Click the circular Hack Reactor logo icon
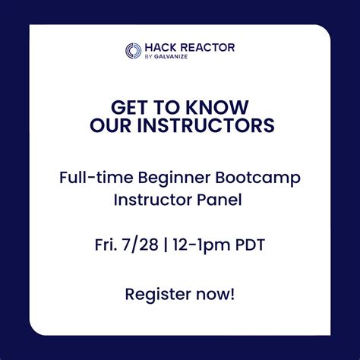click(x=134, y=51)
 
